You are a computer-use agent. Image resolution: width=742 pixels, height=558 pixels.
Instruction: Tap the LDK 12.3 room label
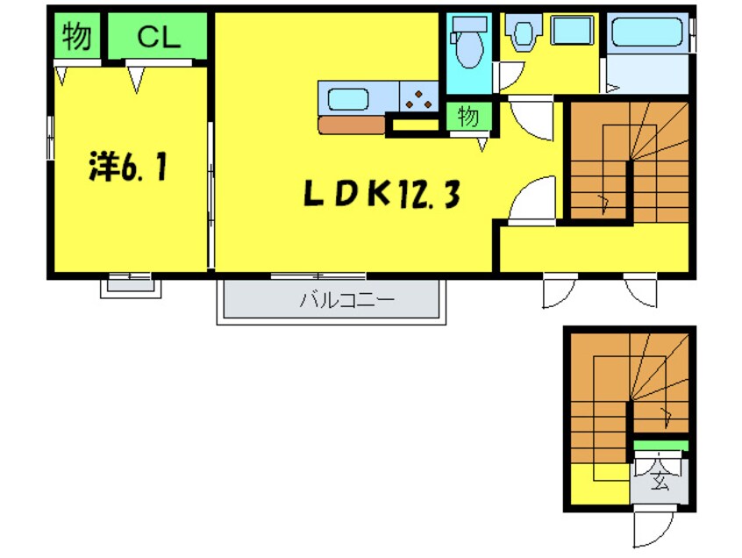coord(382,194)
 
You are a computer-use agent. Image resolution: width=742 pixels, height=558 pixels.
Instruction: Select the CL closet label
coord(158,37)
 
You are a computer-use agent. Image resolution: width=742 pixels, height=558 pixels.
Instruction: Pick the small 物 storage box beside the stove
coord(468,116)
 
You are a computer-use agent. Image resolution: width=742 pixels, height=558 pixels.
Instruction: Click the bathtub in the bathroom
coord(648,33)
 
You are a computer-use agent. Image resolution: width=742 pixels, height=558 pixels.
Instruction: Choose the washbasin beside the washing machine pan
coord(524,33)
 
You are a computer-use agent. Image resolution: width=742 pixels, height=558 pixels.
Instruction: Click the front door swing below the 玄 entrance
coord(653,529)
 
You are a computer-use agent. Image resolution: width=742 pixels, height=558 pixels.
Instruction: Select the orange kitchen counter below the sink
coord(351,125)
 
